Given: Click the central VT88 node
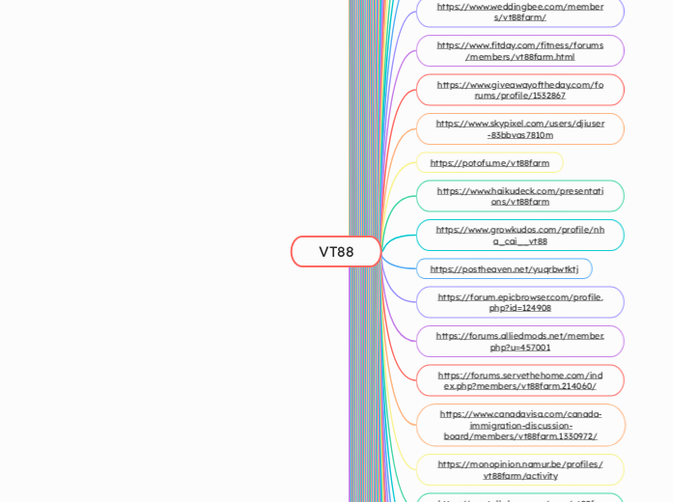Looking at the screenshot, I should pos(336,252).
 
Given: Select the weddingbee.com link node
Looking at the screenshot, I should pos(519,12).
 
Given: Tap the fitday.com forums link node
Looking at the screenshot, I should pos(519,51).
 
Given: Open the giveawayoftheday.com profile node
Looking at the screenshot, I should pos(519,90).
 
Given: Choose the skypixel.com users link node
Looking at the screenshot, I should pos(519,129).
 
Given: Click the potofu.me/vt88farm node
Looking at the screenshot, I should pos(490,163).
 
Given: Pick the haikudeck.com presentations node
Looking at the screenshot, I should pos(519,196).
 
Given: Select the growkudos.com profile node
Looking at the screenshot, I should pos(519,235).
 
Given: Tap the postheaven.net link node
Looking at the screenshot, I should pos(504,269).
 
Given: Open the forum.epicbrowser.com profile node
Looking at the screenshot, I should pos(519,302).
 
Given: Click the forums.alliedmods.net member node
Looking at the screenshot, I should pos(519,341).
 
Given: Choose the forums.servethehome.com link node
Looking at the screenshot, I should pos(519,380).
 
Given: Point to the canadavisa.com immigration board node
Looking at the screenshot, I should pos(519,425).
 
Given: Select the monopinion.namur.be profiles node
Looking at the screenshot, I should pos(519,470).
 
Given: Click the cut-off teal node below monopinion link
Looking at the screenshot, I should pos(519,498).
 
